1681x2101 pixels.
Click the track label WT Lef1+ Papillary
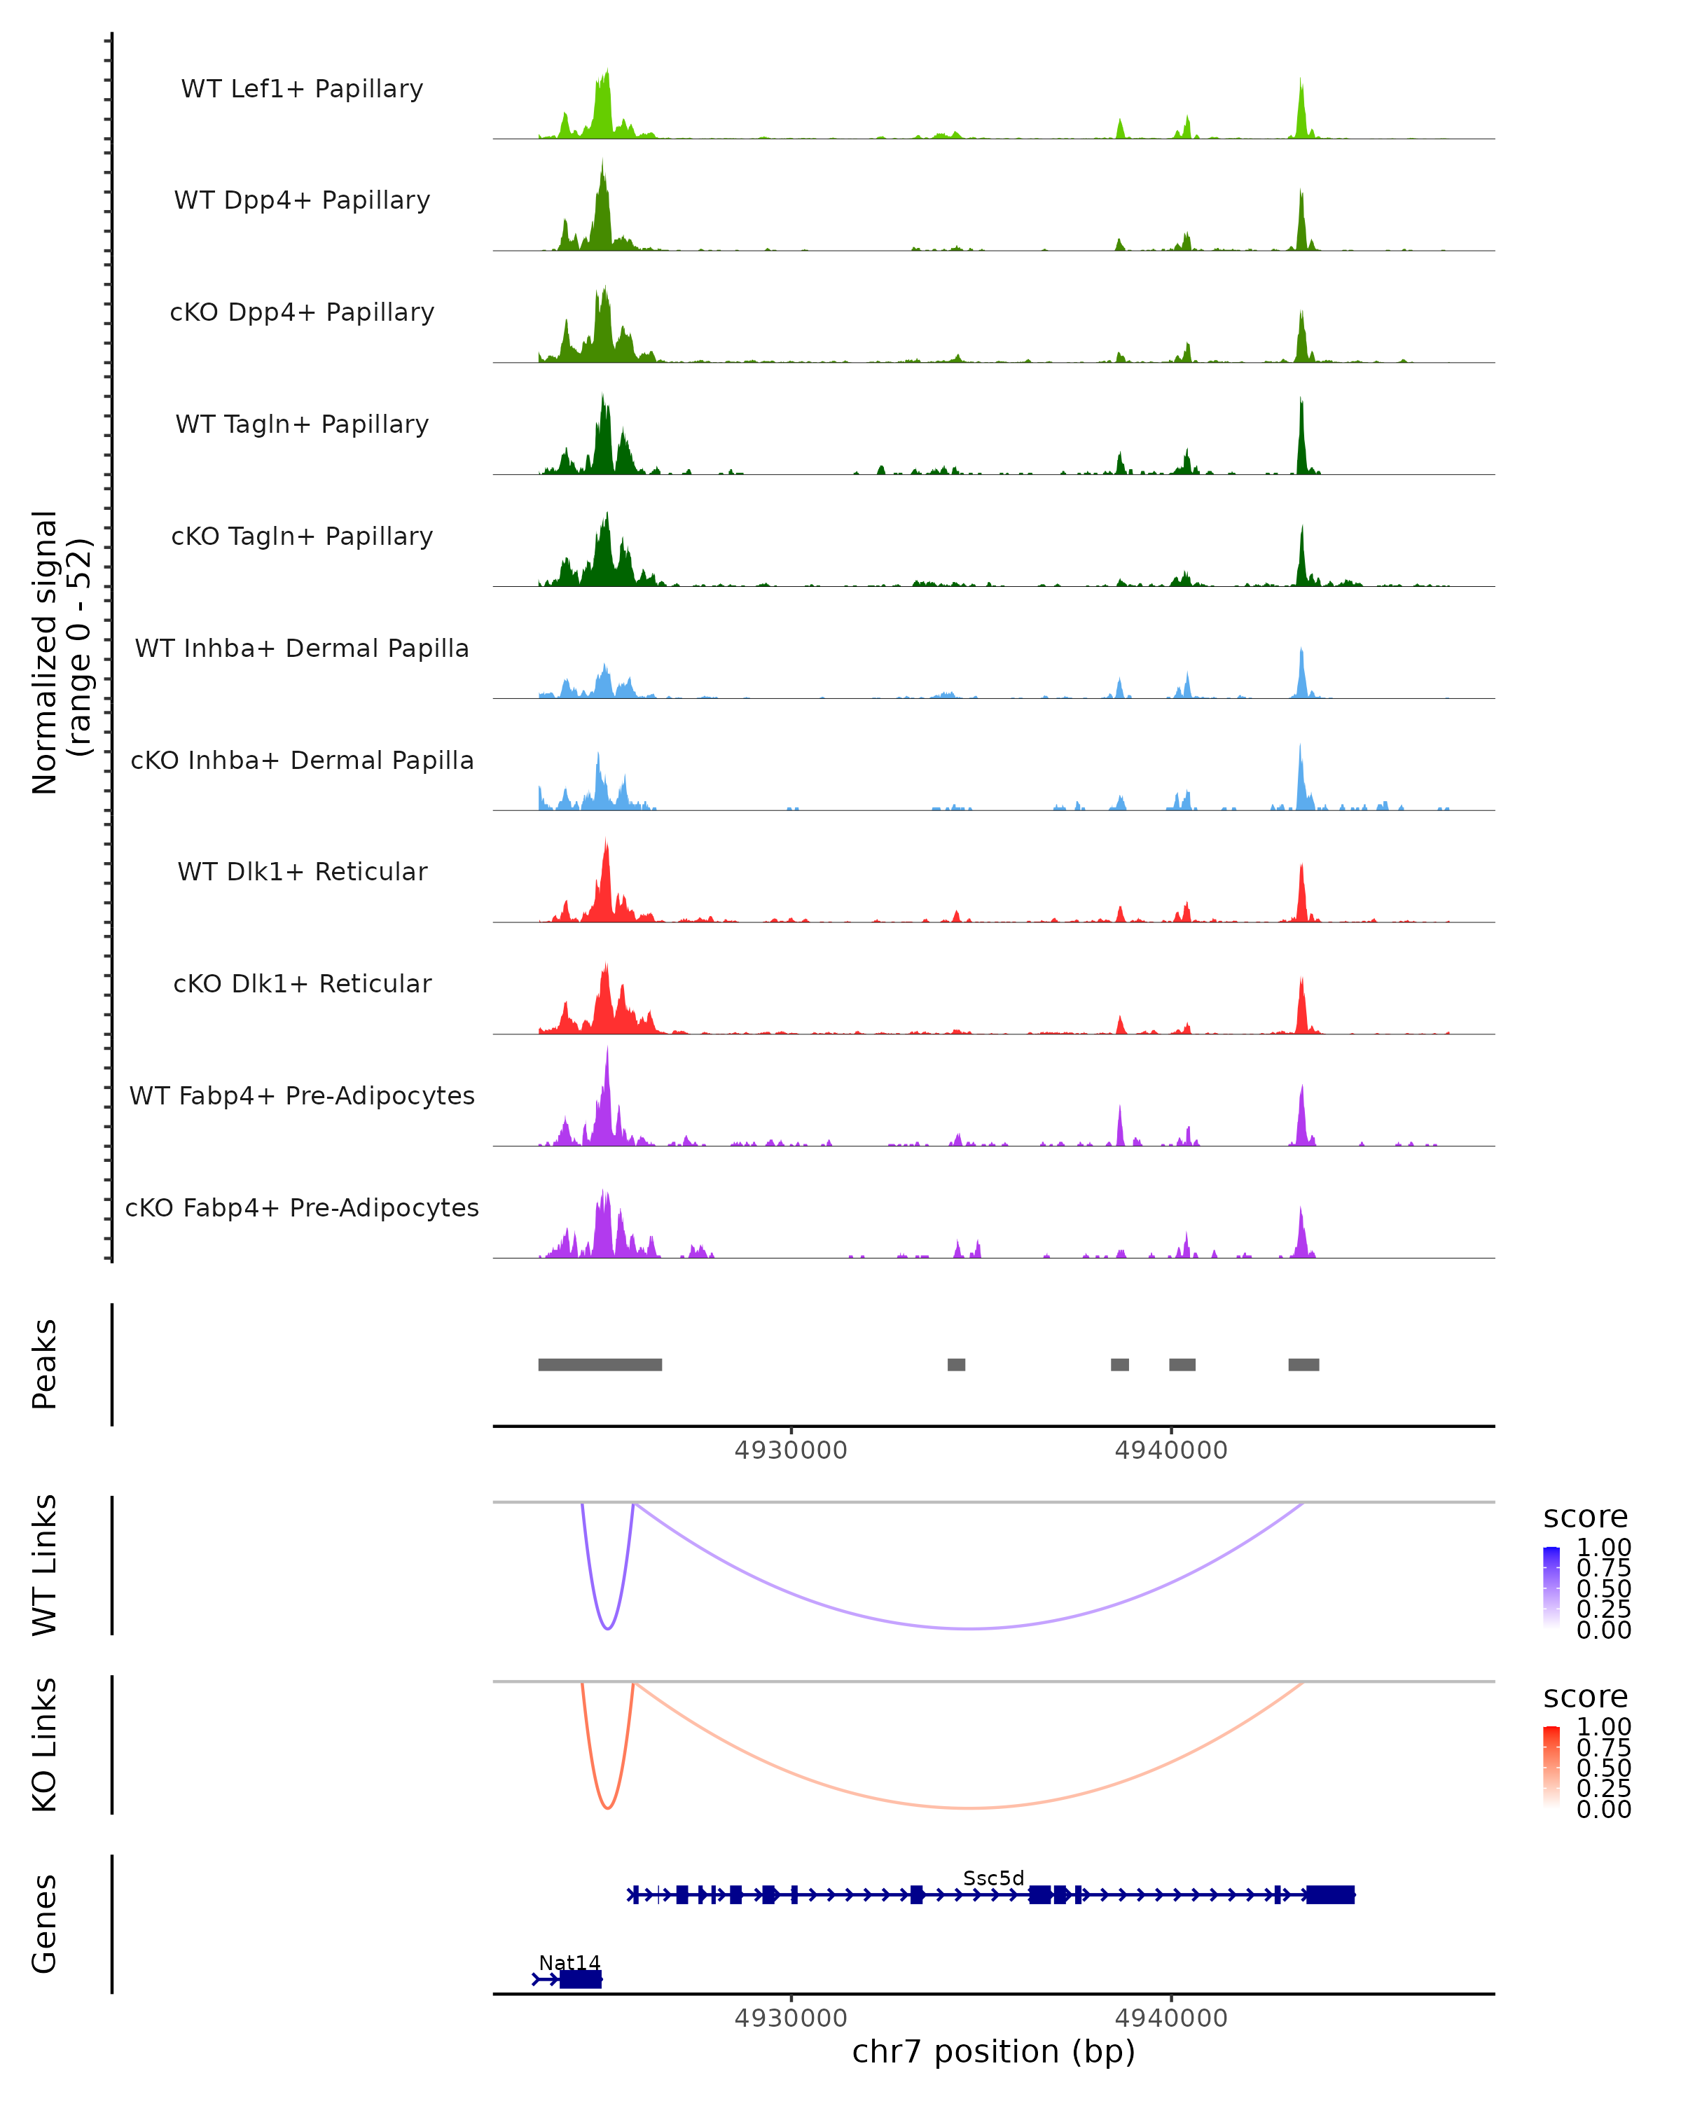pos(302,89)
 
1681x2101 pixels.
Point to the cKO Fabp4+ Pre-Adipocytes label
pos(302,1207)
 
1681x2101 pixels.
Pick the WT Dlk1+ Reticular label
pos(302,871)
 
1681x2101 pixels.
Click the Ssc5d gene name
pos(993,1878)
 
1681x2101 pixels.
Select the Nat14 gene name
pos(569,1962)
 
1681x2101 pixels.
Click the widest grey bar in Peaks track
pos(600,1364)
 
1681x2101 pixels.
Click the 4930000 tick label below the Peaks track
pos(790,1450)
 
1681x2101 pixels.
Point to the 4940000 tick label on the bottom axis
pos(1170,2017)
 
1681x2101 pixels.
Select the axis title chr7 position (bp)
pos(993,2051)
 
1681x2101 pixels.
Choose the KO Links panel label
pos(45,1745)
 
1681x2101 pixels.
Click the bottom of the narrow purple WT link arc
pos(607,1628)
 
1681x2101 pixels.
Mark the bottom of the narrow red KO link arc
pos(607,1808)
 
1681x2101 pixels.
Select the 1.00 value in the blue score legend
pos(1603,1548)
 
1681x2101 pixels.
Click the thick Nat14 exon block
pos(581,1979)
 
